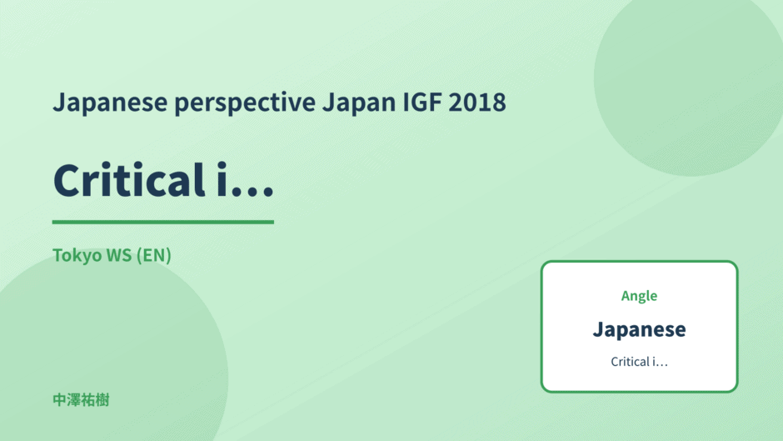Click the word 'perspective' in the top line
coord(245,103)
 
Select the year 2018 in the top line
coord(477,102)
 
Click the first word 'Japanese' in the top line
coord(110,103)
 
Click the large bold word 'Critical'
coord(129,179)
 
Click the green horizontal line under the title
coord(162,222)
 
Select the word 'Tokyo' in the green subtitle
coord(77,255)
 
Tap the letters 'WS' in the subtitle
coord(119,255)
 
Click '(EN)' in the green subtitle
coord(154,255)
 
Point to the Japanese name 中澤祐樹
coord(81,400)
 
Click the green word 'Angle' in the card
coord(639,296)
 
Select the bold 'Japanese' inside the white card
coord(639,329)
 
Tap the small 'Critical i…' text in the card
coord(639,362)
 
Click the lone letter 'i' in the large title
coord(222,179)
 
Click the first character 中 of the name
coord(60,400)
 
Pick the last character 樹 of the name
coord(102,400)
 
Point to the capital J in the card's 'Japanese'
coord(599,329)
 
